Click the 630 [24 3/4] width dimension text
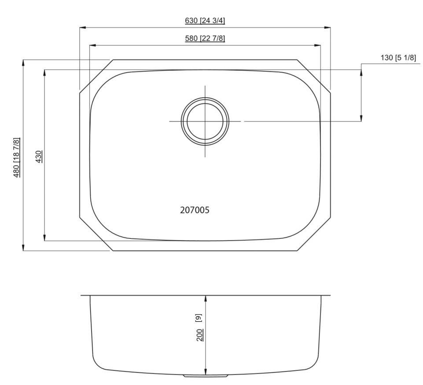(x=205, y=21)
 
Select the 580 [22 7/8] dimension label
(x=205, y=38)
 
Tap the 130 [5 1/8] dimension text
(x=398, y=58)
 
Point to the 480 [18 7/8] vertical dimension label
(x=17, y=158)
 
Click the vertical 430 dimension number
(x=39, y=157)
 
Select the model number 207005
(x=195, y=210)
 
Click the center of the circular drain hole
(x=206, y=121)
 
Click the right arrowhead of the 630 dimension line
(x=328, y=28)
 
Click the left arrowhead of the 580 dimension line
(x=92, y=45)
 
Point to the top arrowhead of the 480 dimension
(x=23, y=62)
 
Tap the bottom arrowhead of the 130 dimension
(x=361, y=118)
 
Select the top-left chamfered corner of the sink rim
(x=96, y=75)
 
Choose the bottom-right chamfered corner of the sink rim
(x=315, y=234)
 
